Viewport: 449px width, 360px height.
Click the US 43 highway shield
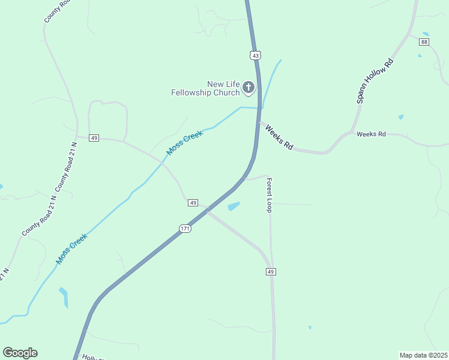[256, 55]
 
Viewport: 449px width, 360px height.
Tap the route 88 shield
[424, 42]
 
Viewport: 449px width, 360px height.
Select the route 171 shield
[185, 229]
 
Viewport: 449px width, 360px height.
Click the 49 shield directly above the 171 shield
[193, 203]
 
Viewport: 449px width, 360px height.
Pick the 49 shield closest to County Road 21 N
[94, 138]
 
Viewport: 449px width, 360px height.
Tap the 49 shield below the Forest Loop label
[271, 272]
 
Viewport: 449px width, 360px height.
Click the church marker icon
[249, 88]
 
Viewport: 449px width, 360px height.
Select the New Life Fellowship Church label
[206, 88]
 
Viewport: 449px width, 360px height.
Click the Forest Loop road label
[270, 195]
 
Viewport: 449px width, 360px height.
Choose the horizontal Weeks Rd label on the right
[371, 134]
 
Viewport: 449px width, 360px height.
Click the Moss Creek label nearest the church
[185, 143]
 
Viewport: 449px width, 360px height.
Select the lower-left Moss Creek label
[72, 248]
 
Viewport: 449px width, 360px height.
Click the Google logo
[20, 353]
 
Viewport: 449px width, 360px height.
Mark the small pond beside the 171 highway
[234, 206]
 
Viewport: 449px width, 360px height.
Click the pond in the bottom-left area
[64, 297]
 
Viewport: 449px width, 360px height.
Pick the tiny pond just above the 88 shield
[426, 34]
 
